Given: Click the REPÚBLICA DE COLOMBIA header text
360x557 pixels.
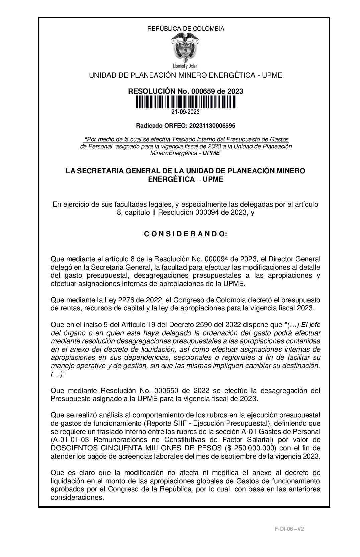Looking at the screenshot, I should tap(186, 29).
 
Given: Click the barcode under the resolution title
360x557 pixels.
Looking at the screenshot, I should tap(186, 102).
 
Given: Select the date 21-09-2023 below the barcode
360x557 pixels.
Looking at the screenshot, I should tap(186, 112).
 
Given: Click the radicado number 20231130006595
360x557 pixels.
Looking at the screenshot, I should tap(212, 126).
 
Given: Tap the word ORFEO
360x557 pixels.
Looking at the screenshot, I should tap(176, 126).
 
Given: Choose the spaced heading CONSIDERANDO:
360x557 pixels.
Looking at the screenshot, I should tap(186, 234).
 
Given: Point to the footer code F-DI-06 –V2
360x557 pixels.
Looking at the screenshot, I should tap(289, 529).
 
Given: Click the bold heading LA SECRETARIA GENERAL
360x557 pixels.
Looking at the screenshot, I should tap(108, 171).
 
